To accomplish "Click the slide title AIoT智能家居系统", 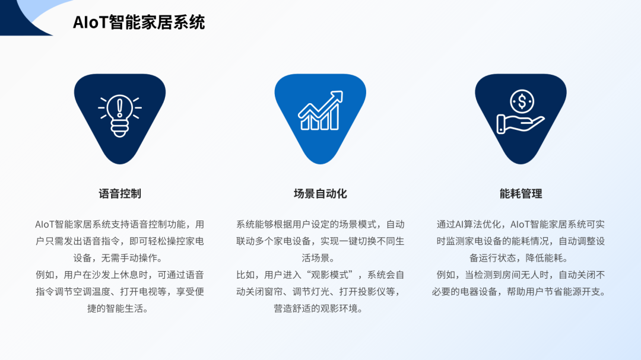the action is (138, 22).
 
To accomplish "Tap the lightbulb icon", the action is (120, 116).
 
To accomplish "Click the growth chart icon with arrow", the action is (320, 110).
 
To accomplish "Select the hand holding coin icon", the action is (521, 111).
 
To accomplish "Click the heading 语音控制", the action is (120, 193).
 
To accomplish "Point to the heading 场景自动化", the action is (320, 193).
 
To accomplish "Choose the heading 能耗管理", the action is (521, 193).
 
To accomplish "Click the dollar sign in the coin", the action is (522, 101).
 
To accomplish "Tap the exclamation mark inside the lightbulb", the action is (120, 109).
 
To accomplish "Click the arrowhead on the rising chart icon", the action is (337, 97).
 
